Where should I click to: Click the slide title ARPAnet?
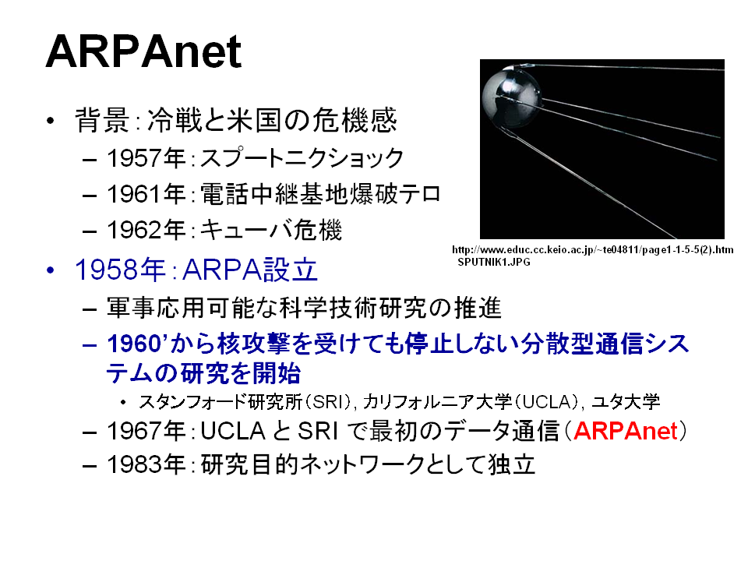(143, 51)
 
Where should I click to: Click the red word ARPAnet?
(626, 431)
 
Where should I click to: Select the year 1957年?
(146, 158)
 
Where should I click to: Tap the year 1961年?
(146, 194)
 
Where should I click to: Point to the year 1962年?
(146, 230)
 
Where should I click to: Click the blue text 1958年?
(120, 270)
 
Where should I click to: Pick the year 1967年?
(146, 431)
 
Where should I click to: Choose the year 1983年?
(146, 464)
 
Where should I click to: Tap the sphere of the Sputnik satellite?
(511, 97)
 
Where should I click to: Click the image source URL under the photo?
(592, 250)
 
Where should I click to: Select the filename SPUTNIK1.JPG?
(494, 262)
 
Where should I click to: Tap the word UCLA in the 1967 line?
(233, 431)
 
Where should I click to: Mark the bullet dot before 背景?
(51, 121)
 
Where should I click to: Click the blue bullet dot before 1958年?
(51, 270)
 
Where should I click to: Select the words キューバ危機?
(271, 230)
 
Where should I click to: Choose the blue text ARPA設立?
(250, 270)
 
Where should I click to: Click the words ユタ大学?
(626, 402)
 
